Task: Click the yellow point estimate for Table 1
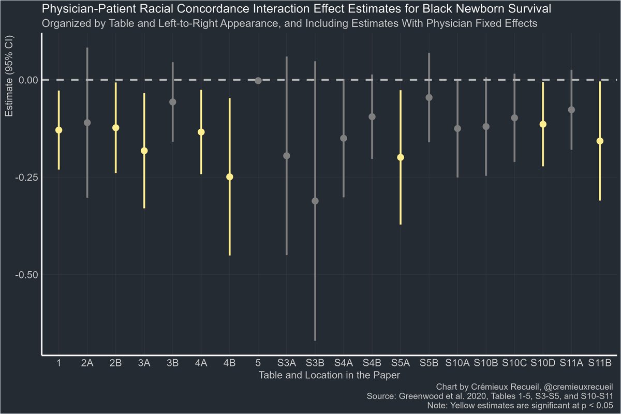(59, 130)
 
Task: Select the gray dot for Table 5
(258, 80)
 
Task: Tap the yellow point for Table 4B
(230, 177)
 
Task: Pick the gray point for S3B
(315, 201)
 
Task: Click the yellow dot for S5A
(401, 157)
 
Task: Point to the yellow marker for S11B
(600, 141)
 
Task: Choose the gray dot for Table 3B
(173, 102)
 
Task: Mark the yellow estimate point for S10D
(543, 124)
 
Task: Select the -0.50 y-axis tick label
(24, 275)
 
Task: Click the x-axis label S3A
(287, 364)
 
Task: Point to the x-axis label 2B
(116, 364)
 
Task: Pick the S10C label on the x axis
(514, 364)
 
